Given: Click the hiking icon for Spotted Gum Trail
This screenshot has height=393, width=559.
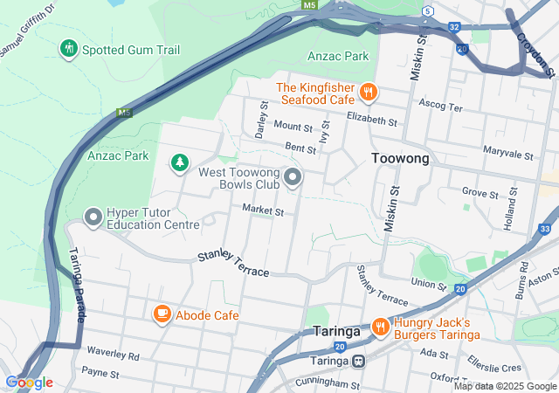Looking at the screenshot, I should (x=68, y=49).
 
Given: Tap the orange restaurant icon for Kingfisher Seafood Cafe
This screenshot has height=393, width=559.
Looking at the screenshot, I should (x=370, y=89).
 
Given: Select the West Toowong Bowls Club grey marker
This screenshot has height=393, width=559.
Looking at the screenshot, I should (x=293, y=177).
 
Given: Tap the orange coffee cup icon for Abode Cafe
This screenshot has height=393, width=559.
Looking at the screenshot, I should (x=162, y=314).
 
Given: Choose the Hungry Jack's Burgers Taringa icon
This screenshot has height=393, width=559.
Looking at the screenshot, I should (x=380, y=327).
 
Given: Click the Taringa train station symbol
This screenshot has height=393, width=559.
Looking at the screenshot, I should (x=358, y=361).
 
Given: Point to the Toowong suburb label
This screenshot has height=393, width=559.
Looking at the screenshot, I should (x=400, y=158).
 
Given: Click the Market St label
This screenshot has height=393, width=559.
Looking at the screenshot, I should (x=263, y=211).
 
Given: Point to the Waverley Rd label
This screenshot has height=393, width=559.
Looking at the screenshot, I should (x=114, y=355).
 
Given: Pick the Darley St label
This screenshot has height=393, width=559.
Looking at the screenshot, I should (x=260, y=118).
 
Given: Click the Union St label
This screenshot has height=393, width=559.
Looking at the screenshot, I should (x=428, y=283).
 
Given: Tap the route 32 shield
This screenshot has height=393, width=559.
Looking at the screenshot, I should (x=454, y=27).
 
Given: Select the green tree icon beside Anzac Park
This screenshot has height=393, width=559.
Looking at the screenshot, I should (x=179, y=162).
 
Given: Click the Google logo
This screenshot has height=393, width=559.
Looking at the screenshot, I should (x=29, y=383).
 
